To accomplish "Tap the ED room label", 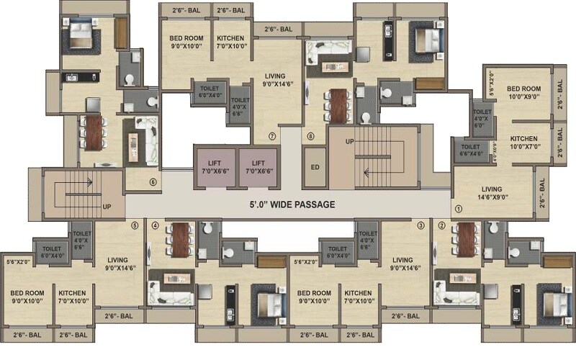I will [x=314, y=167].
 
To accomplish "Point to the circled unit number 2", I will [x=441, y=225].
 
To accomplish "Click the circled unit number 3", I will [x=421, y=225].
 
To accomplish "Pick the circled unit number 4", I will [x=155, y=225].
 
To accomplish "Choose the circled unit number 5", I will [x=135, y=225].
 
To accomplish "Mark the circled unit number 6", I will [x=153, y=182].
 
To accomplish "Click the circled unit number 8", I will [x=311, y=135].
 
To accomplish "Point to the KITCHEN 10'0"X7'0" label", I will [x=524, y=142].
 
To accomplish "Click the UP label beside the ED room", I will [x=350, y=141].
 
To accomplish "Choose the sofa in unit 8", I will [x=326, y=55].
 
